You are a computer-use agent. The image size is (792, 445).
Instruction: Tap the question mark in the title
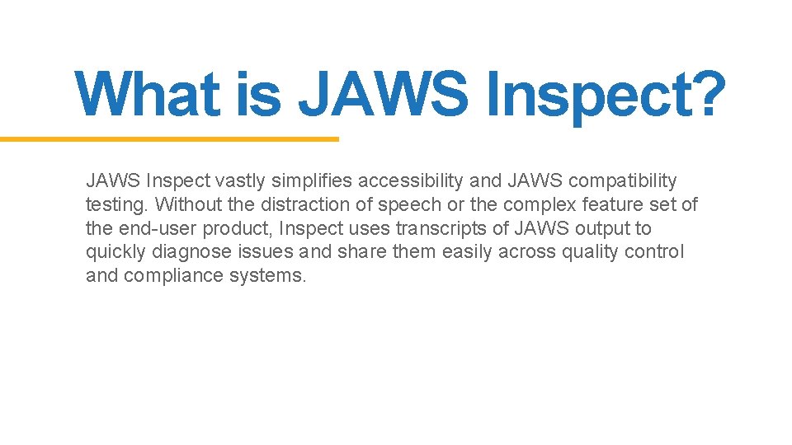point(705,93)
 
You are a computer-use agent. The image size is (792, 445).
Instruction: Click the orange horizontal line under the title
point(169,139)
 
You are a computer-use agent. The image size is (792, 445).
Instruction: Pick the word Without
point(185,204)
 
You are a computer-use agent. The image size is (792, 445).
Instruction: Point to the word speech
point(408,204)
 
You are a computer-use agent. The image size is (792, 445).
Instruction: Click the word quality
point(592,252)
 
